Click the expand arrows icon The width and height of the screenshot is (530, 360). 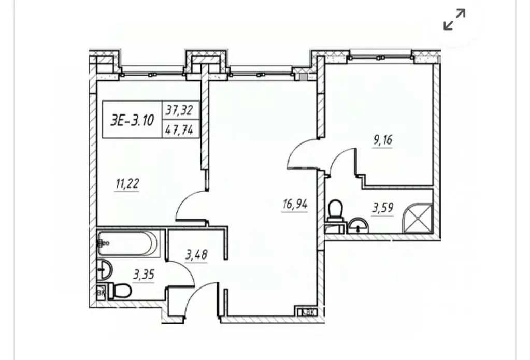coord(454,20)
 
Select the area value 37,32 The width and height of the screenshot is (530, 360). coord(179,109)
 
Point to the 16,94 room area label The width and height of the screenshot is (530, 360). coord(295,205)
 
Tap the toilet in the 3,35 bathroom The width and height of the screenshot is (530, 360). coord(120,291)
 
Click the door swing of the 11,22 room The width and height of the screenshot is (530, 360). coord(189,205)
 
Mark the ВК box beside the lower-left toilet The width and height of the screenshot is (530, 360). coord(101,292)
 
